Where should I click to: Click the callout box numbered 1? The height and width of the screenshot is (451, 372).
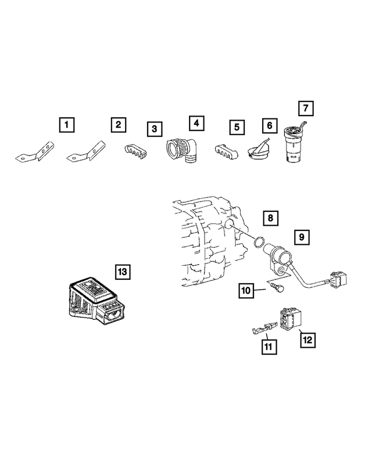tap(67, 125)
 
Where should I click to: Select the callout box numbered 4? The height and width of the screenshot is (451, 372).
tap(196, 124)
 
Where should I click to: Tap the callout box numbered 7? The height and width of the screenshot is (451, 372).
tap(306, 108)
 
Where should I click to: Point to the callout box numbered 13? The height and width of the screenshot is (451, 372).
tap(123, 272)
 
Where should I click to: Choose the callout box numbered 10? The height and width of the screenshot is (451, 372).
tap(246, 290)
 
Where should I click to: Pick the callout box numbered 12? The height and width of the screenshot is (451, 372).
tap(307, 340)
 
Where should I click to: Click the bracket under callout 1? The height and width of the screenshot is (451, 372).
tap(35, 153)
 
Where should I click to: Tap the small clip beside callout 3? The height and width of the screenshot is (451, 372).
tap(135, 151)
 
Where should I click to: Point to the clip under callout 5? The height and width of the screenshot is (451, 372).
tap(226, 151)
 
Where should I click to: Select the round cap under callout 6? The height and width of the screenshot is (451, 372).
tap(258, 149)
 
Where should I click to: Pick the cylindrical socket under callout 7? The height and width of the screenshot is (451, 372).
tap(294, 145)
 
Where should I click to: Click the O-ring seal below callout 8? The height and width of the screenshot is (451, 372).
tap(258, 241)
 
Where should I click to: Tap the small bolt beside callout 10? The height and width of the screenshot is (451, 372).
tap(278, 288)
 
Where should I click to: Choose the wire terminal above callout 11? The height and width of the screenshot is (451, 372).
tap(264, 329)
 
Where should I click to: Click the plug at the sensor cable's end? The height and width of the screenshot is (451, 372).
tap(338, 279)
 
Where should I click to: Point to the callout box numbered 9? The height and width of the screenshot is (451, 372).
tap(302, 237)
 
